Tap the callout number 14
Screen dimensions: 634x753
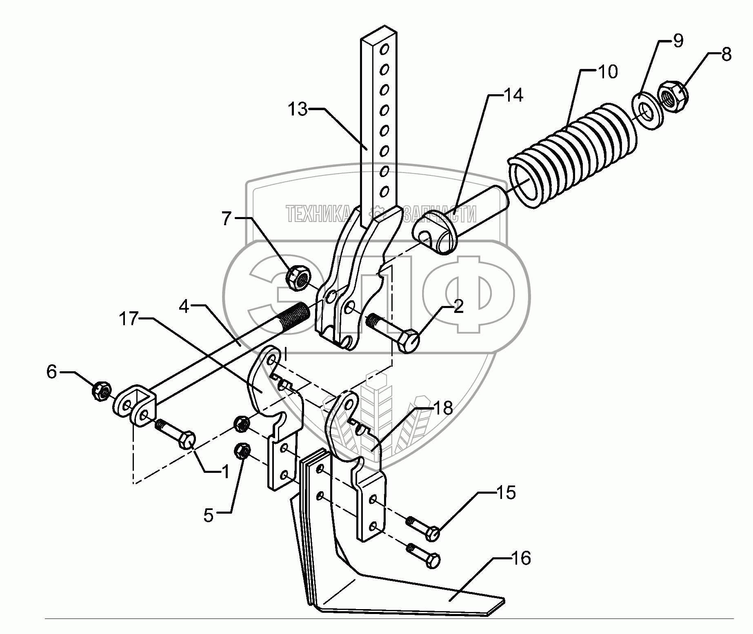[513, 95]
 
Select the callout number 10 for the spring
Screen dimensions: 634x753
[608, 72]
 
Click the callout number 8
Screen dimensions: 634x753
[726, 55]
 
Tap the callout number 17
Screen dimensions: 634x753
[129, 319]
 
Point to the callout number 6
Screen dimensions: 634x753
[51, 372]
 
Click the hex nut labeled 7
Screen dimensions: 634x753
[298, 277]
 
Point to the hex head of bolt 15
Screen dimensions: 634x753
[432, 533]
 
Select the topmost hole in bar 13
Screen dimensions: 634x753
[384, 50]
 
